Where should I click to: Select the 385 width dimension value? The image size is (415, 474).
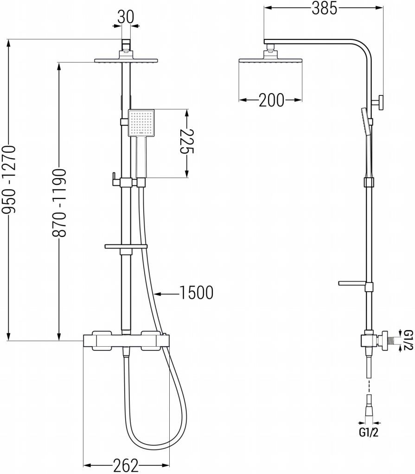point(324,8)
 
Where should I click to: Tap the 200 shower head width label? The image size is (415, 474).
point(271,100)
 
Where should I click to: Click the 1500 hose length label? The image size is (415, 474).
point(195,293)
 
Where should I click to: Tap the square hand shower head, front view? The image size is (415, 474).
point(140,123)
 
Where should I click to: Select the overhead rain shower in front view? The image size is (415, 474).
point(126,60)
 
